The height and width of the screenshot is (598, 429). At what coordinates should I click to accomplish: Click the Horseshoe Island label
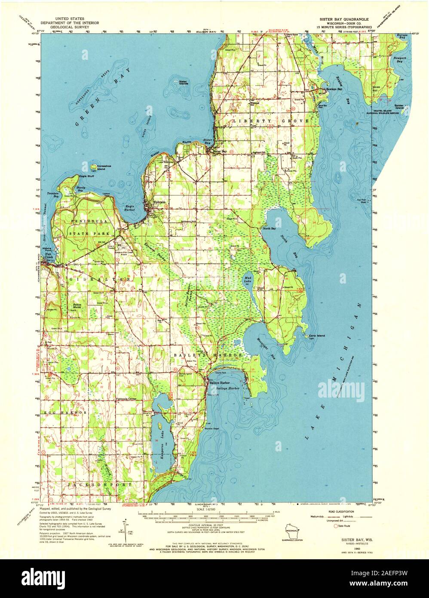point(104,167)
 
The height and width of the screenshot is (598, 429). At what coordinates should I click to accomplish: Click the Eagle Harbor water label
point(130,208)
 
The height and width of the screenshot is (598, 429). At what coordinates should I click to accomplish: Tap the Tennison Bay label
point(52,194)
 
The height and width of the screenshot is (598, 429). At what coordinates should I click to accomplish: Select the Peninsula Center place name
point(126,399)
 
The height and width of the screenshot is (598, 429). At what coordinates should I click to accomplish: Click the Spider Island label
point(400,106)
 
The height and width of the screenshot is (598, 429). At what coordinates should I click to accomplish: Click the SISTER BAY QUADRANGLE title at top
point(340,20)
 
